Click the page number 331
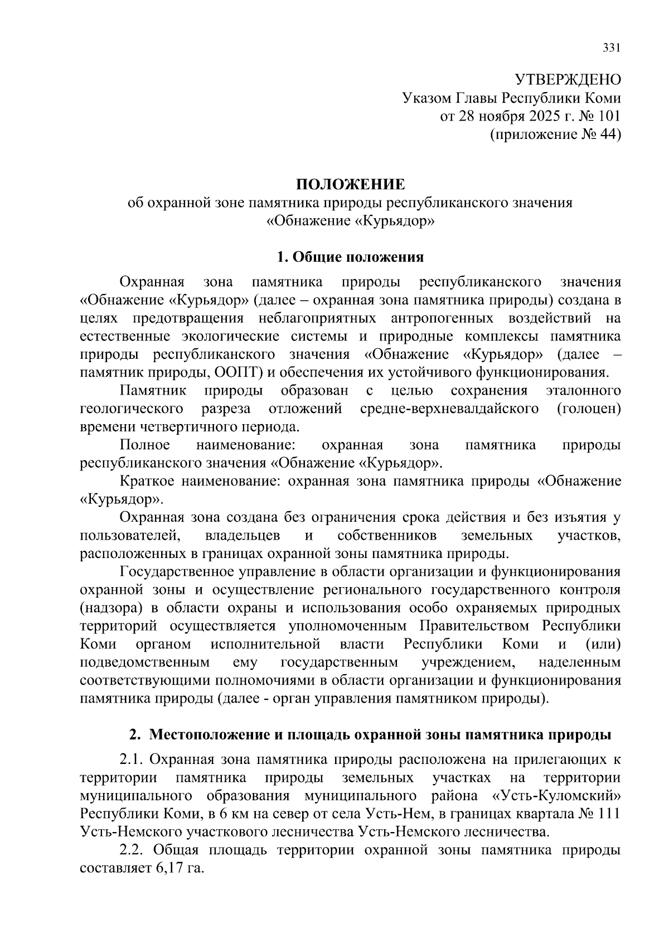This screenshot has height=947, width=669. coord(611,48)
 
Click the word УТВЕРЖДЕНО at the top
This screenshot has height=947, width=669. coord(567,79)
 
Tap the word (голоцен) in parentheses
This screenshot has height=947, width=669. coord(589,409)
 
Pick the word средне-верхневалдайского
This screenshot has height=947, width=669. coord(449,409)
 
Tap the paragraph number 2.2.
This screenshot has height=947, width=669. coord(132,850)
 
